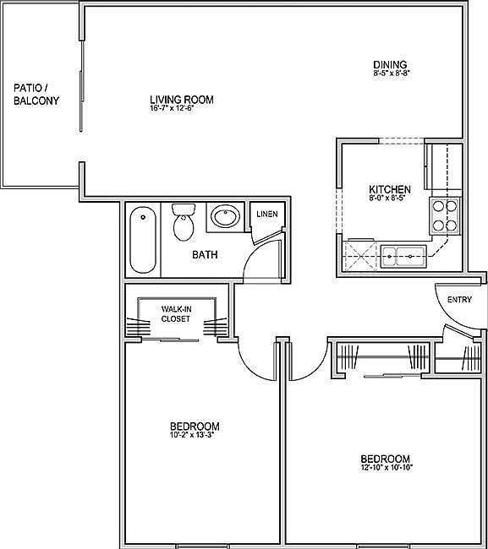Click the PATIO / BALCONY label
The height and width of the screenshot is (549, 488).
(x=36, y=94)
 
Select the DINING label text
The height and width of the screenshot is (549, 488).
(x=390, y=65)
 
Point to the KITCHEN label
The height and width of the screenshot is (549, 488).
(x=390, y=189)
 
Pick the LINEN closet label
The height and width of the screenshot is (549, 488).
(x=267, y=215)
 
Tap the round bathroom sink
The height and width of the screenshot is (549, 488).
(x=224, y=218)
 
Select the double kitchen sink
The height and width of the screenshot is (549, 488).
(x=399, y=254)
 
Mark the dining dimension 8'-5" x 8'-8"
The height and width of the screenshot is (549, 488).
(x=390, y=74)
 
